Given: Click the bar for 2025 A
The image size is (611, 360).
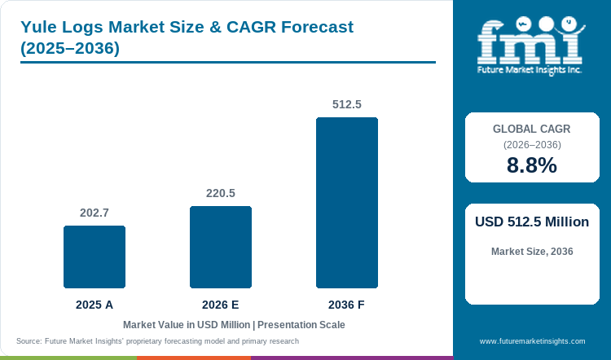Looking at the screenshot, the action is click(x=95, y=257).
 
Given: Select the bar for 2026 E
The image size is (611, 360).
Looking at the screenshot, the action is click(x=221, y=247).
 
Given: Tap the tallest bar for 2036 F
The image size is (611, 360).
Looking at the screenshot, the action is click(x=347, y=203).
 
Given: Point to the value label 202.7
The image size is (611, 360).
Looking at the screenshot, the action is click(x=95, y=213).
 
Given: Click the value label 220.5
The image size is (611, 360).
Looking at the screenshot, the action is click(x=221, y=193).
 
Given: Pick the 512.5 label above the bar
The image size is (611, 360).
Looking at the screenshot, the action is click(x=347, y=104).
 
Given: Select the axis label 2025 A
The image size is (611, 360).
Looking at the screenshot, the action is click(x=95, y=305).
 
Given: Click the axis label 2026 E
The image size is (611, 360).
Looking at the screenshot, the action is click(x=221, y=305).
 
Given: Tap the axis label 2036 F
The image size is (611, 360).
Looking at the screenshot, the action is click(x=346, y=305).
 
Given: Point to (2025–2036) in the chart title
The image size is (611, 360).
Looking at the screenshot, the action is click(x=70, y=48).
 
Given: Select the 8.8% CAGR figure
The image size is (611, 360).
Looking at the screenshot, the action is click(x=532, y=165).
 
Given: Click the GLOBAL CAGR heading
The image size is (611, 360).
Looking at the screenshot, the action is click(x=532, y=129).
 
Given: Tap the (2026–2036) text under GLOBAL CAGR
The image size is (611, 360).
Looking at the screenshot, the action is click(x=532, y=145).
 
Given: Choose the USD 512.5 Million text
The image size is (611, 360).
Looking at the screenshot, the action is click(x=532, y=222).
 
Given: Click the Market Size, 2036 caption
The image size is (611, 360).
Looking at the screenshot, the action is click(x=532, y=252).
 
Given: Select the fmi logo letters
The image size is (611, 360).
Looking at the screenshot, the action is click(x=530, y=42).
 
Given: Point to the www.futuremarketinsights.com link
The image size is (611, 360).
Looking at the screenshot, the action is click(x=532, y=341).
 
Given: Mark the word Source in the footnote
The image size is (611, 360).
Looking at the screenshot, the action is click(x=29, y=341).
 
